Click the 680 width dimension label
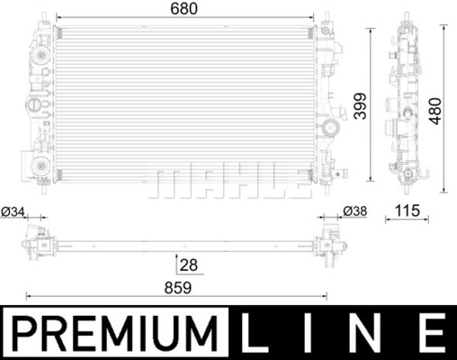click(184, 8)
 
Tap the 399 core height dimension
click(360, 106)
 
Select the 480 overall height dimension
click(435, 111)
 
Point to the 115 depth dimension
click(407, 211)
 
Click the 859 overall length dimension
click(177, 288)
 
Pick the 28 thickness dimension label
click(189, 265)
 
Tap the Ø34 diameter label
click(13, 211)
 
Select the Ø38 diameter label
click(354, 211)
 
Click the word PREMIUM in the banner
click(115, 333)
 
